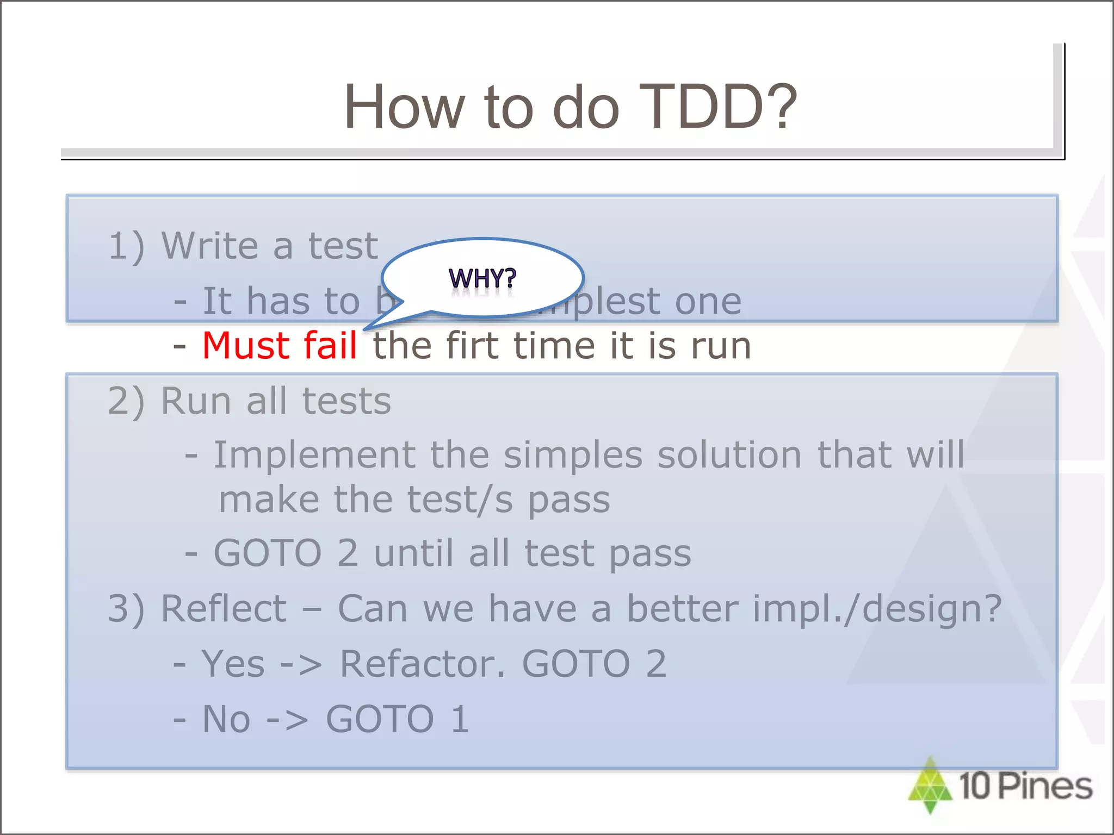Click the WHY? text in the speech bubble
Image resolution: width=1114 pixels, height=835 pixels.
pyautogui.click(x=482, y=278)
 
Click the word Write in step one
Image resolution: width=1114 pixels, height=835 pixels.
pyautogui.click(x=211, y=246)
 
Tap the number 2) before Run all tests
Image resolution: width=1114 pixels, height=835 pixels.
pyautogui.click(x=126, y=402)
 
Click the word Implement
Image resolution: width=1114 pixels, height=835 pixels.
pyautogui.click(x=314, y=455)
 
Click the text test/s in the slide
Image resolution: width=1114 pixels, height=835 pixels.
pyautogui.click(x=460, y=500)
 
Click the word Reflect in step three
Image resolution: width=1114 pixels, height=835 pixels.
pyautogui.click(x=224, y=609)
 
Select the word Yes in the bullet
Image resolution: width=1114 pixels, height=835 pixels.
pyautogui.click(x=233, y=664)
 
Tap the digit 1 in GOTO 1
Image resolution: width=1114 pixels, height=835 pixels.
pyautogui.click(x=460, y=720)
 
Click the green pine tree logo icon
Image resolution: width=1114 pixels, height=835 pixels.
pyautogui.click(x=930, y=786)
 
